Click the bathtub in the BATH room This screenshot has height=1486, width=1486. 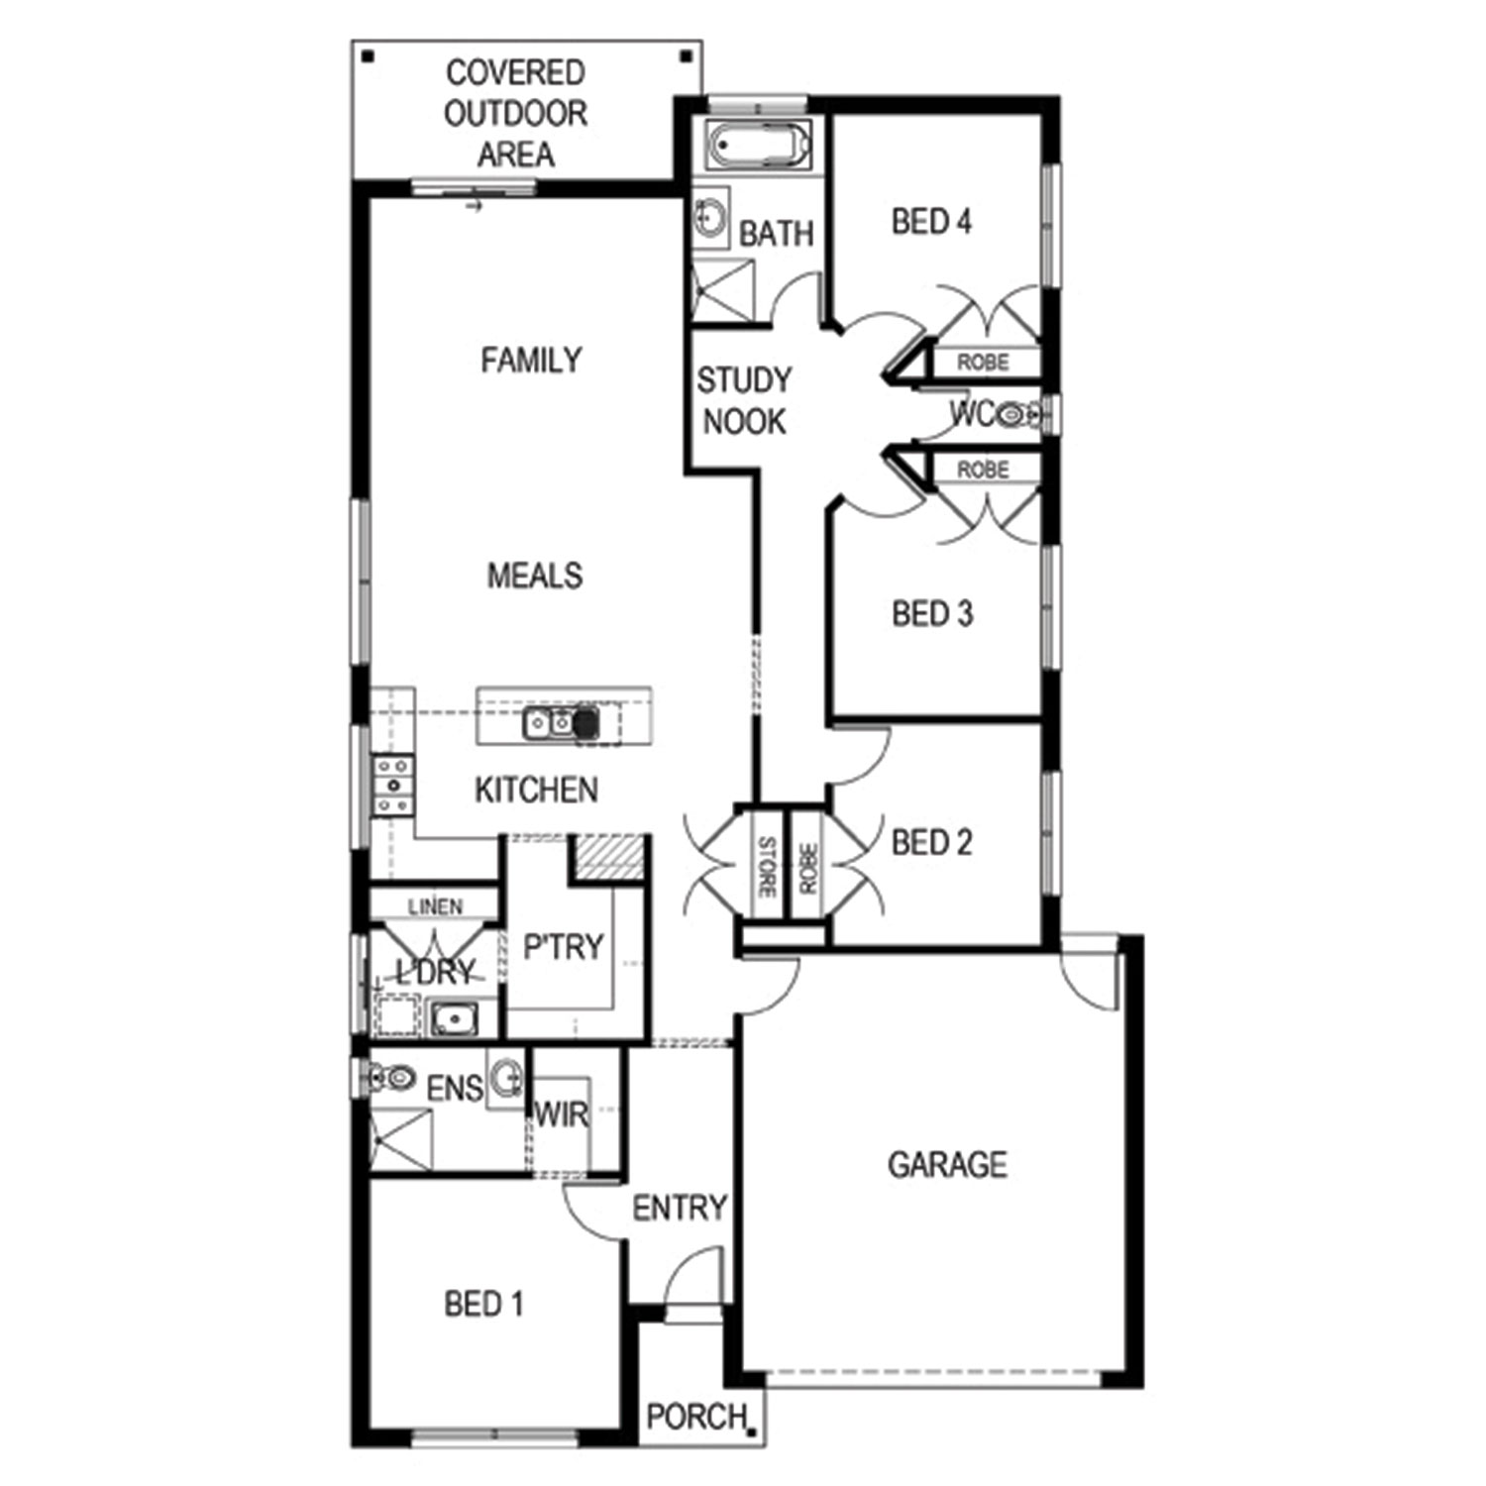[x=759, y=146]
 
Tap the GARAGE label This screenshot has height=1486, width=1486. [x=947, y=1164]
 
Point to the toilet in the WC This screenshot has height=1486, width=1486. [x=1016, y=413]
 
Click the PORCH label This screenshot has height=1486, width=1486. [x=696, y=1417]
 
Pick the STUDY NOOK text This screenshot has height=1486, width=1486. [x=744, y=400]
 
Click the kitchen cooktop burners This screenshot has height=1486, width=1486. [x=392, y=786]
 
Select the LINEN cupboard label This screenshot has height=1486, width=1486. [x=435, y=906]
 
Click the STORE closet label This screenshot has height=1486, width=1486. [x=766, y=867]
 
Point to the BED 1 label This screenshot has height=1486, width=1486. [x=483, y=1304]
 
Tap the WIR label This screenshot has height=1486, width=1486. [x=562, y=1115]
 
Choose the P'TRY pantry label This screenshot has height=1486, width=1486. [x=563, y=947]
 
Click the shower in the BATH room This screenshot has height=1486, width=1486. [x=722, y=290]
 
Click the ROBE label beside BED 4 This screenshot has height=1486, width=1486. [x=983, y=363]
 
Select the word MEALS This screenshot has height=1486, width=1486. [x=535, y=575]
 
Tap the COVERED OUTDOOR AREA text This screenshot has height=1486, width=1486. [x=516, y=113]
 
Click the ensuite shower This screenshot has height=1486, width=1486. [x=401, y=1140]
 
